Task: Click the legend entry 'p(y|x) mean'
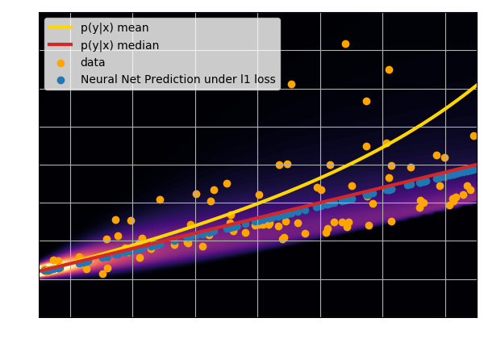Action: (115, 28)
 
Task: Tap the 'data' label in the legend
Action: (93, 62)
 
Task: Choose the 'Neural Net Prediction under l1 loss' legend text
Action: (177, 80)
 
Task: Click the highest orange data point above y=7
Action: (345, 44)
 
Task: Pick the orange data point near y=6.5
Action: (389, 69)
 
